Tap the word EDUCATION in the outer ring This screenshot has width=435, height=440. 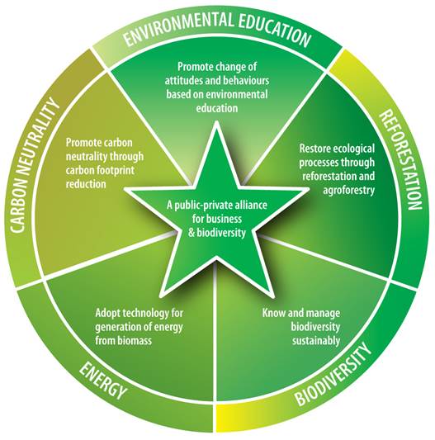[275, 30]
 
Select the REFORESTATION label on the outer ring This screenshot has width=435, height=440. [400, 159]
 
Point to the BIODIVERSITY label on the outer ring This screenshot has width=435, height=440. [333, 374]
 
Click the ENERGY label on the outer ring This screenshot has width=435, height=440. [102, 381]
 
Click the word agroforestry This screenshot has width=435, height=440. [349, 191]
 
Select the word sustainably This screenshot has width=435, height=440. [316, 341]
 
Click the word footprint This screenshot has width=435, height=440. [116, 170]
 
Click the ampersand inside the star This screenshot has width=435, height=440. [191, 233]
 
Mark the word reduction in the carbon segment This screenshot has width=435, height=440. [86, 184]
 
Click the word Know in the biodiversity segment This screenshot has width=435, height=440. [272, 313]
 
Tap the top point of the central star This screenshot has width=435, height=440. [216, 121]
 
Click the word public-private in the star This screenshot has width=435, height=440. [201, 206]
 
